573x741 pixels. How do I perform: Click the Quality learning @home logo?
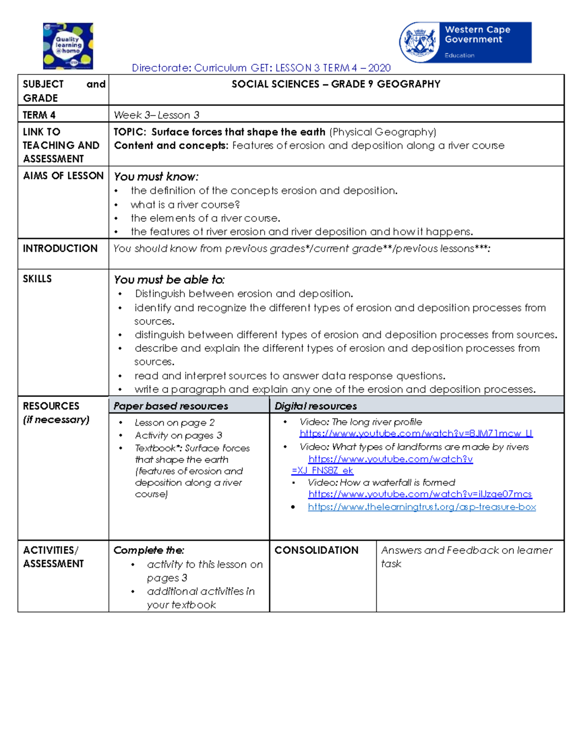coord(68,46)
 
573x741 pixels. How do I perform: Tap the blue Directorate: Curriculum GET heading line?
coord(261,68)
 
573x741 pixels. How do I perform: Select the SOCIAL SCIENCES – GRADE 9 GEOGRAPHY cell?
coord(336,84)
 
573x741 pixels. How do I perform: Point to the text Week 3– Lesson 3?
coord(156,115)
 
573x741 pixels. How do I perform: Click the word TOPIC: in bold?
coord(129,132)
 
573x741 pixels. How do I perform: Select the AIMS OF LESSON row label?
coord(63,176)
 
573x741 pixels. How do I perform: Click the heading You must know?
coord(156,177)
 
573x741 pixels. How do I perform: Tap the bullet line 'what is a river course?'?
coord(185,205)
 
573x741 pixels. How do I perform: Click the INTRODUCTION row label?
coord(60,249)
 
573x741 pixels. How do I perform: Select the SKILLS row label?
coord(37,279)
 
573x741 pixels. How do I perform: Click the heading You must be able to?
coord(169,280)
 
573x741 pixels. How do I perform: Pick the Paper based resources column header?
coord(170,406)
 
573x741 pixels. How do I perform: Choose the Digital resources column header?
coord(316,406)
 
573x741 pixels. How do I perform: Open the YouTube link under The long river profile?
coord(416,434)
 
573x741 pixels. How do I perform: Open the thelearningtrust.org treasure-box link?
coord(422,507)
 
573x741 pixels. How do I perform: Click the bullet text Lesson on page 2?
coord(174,423)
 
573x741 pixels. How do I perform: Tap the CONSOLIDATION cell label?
coord(316,550)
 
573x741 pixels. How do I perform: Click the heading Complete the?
coord(149,550)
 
